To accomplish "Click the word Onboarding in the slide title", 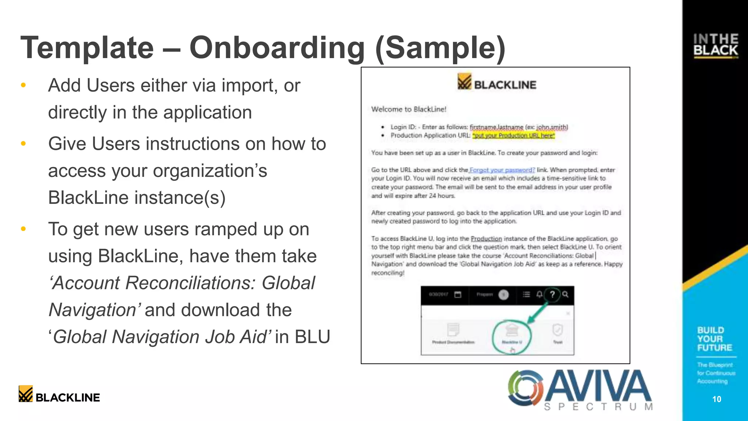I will (x=277, y=48).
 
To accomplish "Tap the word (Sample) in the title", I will (x=440, y=48).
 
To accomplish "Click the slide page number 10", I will (x=717, y=399).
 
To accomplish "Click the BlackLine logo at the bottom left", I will (x=59, y=394).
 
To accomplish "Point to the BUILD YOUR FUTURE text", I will (x=714, y=339).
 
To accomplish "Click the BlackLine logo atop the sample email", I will (x=497, y=82).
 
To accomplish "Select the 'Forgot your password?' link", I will (x=502, y=170).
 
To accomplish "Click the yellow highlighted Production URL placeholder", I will (x=513, y=136).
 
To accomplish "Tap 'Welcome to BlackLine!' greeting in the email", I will (x=409, y=109).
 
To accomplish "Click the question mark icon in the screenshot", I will (x=552, y=295).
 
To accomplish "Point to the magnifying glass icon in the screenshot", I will (x=565, y=295).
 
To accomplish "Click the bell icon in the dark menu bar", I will (x=539, y=295).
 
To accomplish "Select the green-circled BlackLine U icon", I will (x=512, y=332).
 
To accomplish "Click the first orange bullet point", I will (x=23, y=86).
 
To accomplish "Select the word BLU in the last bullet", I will (x=313, y=337).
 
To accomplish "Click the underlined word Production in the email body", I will (x=486, y=239).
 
